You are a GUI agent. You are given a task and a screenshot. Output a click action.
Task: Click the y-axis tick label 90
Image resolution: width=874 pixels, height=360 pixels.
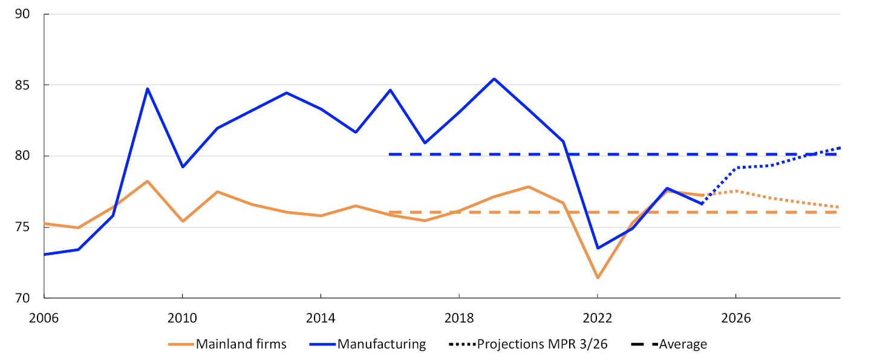(22, 14)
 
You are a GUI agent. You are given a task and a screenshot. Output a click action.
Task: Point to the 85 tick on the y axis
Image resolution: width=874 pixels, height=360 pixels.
(22, 85)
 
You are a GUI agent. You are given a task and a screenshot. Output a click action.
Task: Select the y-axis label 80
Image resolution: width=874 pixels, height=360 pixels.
(22, 155)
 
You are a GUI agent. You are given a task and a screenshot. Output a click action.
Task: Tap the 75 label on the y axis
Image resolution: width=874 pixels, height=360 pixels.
(22, 227)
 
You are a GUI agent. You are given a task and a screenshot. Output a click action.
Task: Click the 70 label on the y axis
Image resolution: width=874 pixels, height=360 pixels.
(22, 298)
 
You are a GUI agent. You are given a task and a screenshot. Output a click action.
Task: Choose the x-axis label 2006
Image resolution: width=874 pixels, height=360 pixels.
(44, 318)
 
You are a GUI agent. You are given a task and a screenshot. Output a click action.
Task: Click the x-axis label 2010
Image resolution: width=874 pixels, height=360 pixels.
(182, 318)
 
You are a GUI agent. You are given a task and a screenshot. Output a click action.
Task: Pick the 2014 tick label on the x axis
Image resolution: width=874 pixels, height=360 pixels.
(321, 318)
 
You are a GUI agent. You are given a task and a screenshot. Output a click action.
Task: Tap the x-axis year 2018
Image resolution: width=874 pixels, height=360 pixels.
(459, 318)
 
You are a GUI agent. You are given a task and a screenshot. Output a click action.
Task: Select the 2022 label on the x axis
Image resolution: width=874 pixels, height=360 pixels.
(598, 318)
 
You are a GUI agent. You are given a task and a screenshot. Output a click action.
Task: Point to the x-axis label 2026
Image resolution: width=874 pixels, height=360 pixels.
(736, 318)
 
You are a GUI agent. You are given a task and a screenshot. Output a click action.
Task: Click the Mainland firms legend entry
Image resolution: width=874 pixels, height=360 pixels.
(227, 344)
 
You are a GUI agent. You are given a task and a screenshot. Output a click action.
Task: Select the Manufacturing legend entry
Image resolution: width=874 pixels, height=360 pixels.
(368, 344)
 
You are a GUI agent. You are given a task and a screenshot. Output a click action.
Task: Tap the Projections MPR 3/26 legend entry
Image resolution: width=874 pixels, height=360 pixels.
(528, 344)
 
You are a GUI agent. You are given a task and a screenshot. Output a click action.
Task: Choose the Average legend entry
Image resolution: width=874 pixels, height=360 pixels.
(669, 344)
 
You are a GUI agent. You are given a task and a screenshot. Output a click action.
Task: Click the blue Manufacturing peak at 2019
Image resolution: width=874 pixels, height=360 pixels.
(494, 79)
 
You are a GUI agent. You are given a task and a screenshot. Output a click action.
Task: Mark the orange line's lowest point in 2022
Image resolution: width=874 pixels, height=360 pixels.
(598, 278)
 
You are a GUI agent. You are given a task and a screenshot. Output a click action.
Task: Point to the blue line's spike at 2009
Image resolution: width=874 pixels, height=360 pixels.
(148, 88)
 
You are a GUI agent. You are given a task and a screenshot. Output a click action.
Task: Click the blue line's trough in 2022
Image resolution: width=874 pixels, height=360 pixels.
(598, 248)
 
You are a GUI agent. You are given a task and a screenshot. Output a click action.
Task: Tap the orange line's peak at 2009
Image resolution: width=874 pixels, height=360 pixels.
(148, 181)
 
